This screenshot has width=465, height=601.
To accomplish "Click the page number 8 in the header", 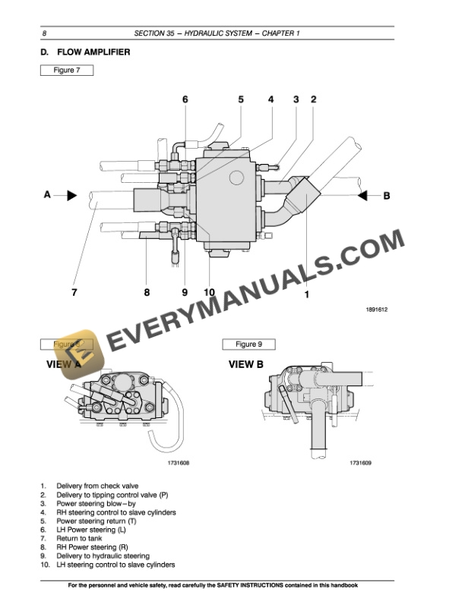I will (x=45, y=33).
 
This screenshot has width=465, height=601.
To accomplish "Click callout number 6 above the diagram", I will (x=185, y=99).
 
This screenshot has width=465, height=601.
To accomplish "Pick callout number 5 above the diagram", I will (x=241, y=99).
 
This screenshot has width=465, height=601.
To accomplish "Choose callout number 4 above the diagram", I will (x=270, y=99).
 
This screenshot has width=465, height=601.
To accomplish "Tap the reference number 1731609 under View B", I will (x=364, y=462).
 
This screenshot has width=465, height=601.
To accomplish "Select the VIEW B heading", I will (x=246, y=364).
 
